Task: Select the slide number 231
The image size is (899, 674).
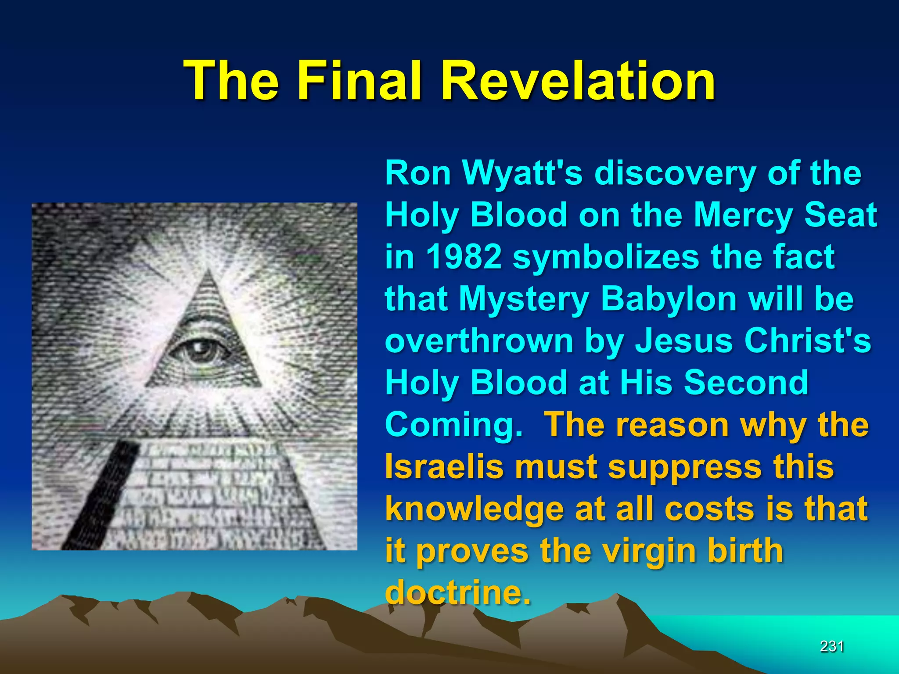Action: (832, 646)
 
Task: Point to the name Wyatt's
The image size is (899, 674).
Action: (522, 173)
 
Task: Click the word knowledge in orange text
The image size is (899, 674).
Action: (475, 509)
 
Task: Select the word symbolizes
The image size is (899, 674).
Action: (606, 257)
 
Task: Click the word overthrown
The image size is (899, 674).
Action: (479, 341)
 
